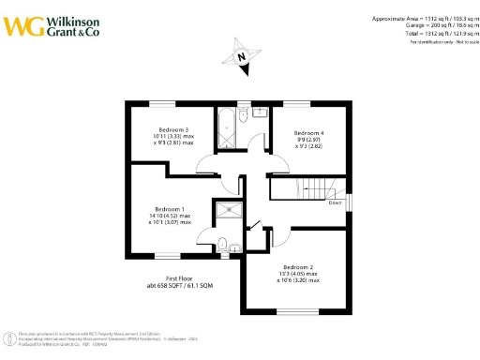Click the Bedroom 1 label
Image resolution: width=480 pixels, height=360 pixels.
coord(170,208)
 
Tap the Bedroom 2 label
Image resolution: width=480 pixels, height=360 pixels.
coord(298,266)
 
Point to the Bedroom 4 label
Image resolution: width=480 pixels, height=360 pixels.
coord(308,133)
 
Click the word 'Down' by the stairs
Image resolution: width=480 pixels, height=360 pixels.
coord(334,202)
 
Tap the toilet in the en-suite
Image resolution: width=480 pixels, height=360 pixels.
coord(223,246)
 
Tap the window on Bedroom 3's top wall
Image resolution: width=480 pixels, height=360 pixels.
coord(164,101)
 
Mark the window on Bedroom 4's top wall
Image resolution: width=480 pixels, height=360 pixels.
coord(296,101)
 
